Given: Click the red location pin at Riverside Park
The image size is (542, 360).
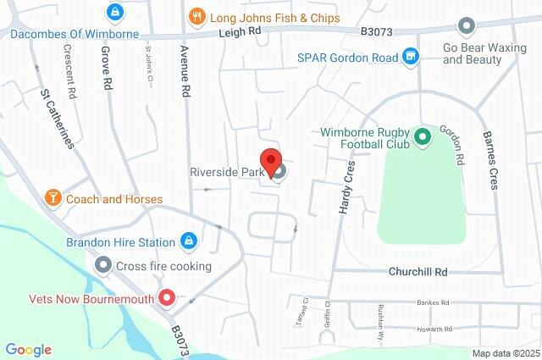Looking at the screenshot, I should click(x=270, y=161).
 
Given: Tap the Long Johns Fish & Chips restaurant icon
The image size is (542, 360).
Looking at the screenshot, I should click(x=196, y=17).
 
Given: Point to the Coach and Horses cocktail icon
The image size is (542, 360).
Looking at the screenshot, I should click(x=53, y=198).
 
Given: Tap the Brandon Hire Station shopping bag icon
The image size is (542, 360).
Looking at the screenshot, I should click(x=188, y=241).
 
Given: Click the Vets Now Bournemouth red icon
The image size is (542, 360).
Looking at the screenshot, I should click(x=168, y=298).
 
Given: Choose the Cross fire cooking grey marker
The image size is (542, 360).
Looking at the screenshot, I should click(x=103, y=266).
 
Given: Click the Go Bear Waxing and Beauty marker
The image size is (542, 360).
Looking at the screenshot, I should click(x=465, y=27).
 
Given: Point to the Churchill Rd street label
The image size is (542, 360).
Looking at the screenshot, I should click(x=418, y=272).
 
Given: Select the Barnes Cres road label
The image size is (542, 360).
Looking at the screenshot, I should click(x=490, y=158).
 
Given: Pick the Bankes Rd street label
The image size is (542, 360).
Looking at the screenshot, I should click(x=438, y=302).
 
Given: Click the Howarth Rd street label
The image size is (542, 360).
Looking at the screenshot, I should click(x=436, y=329).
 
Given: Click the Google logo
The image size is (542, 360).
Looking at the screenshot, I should click(x=28, y=349).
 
